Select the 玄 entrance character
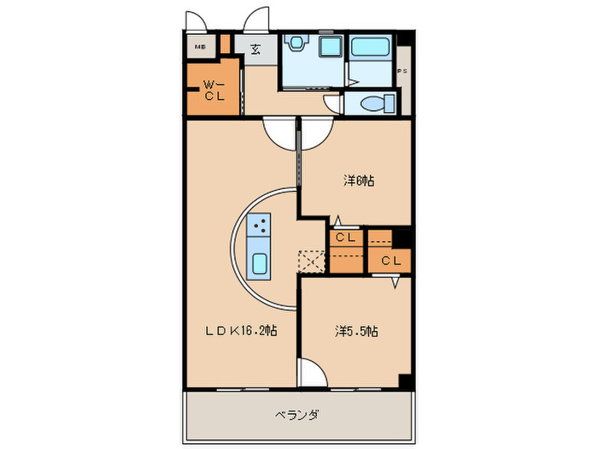click(255, 49)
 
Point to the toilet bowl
click(374, 104)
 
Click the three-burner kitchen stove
click(260, 227)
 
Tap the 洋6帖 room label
click(360, 181)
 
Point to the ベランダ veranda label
click(298, 415)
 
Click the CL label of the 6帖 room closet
click(345, 238)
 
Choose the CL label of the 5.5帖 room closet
click(391, 260)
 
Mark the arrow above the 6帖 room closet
click(338, 220)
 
